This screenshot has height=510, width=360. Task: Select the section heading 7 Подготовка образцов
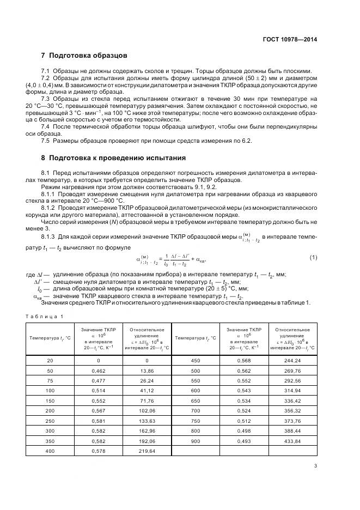pyautogui.click(x=84, y=56)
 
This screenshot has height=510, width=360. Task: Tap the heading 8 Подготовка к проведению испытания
pyautogui.click(x=113, y=158)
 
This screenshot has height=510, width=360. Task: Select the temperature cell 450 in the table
pyautogui.click(x=196, y=360)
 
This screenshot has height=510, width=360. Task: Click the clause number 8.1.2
pyautogui.click(x=50, y=208)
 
